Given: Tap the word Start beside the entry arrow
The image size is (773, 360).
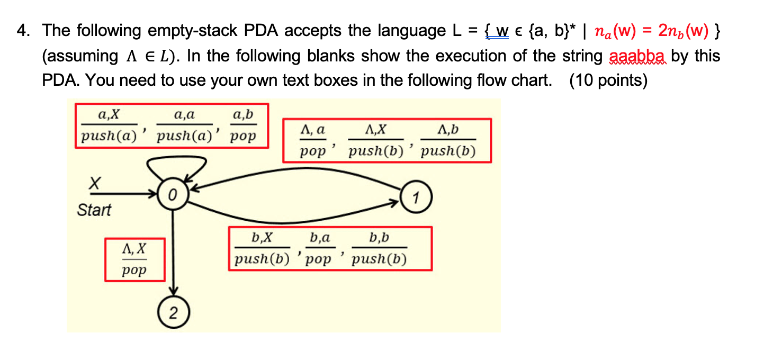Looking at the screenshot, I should coord(94,210).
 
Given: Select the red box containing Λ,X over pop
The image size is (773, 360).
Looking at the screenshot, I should coord(134,259).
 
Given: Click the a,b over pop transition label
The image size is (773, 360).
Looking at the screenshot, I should coord(243,125).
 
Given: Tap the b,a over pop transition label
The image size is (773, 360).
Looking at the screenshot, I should coord(319,248).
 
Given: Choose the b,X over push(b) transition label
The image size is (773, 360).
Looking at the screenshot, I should coord(262,248).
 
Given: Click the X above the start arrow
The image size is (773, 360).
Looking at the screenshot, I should coord(94,184).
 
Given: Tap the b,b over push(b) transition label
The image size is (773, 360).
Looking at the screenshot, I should coord(379,248).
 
